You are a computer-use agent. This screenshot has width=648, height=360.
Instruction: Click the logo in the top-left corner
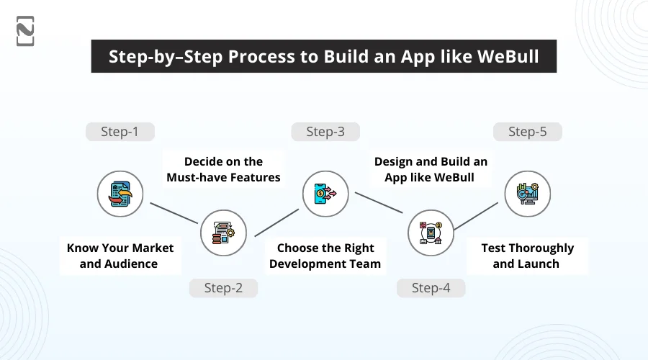(x=25, y=31)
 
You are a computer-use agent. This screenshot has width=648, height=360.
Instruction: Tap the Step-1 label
(x=120, y=132)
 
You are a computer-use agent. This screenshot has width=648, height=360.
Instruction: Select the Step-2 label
(x=223, y=288)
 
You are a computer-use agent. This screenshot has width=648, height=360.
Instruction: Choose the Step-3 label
(x=325, y=132)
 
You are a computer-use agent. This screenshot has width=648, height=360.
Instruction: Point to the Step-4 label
(x=431, y=288)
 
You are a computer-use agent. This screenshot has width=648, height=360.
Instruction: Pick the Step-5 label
(x=527, y=132)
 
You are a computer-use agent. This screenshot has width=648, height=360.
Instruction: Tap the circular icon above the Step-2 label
(x=223, y=233)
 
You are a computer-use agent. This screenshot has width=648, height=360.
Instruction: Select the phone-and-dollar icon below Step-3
(x=325, y=194)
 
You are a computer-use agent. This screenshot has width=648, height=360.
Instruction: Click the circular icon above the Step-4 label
(x=431, y=233)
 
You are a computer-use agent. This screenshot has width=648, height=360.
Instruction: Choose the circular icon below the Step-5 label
(x=527, y=194)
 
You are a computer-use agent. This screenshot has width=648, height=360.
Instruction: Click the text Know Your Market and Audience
(x=120, y=256)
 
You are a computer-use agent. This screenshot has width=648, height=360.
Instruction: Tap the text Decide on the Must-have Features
(x=223, y=169)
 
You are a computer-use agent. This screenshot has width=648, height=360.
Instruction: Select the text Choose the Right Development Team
(x=325, y=256)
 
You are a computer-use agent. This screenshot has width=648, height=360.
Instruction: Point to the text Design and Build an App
(x=431, y=169)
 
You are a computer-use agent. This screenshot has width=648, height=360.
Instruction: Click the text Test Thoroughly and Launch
(x=527, y=256)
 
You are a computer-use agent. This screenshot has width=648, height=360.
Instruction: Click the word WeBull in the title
(x=508, y=57)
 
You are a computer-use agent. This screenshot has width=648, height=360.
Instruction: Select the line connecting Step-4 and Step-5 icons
(x=479, y=213)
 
